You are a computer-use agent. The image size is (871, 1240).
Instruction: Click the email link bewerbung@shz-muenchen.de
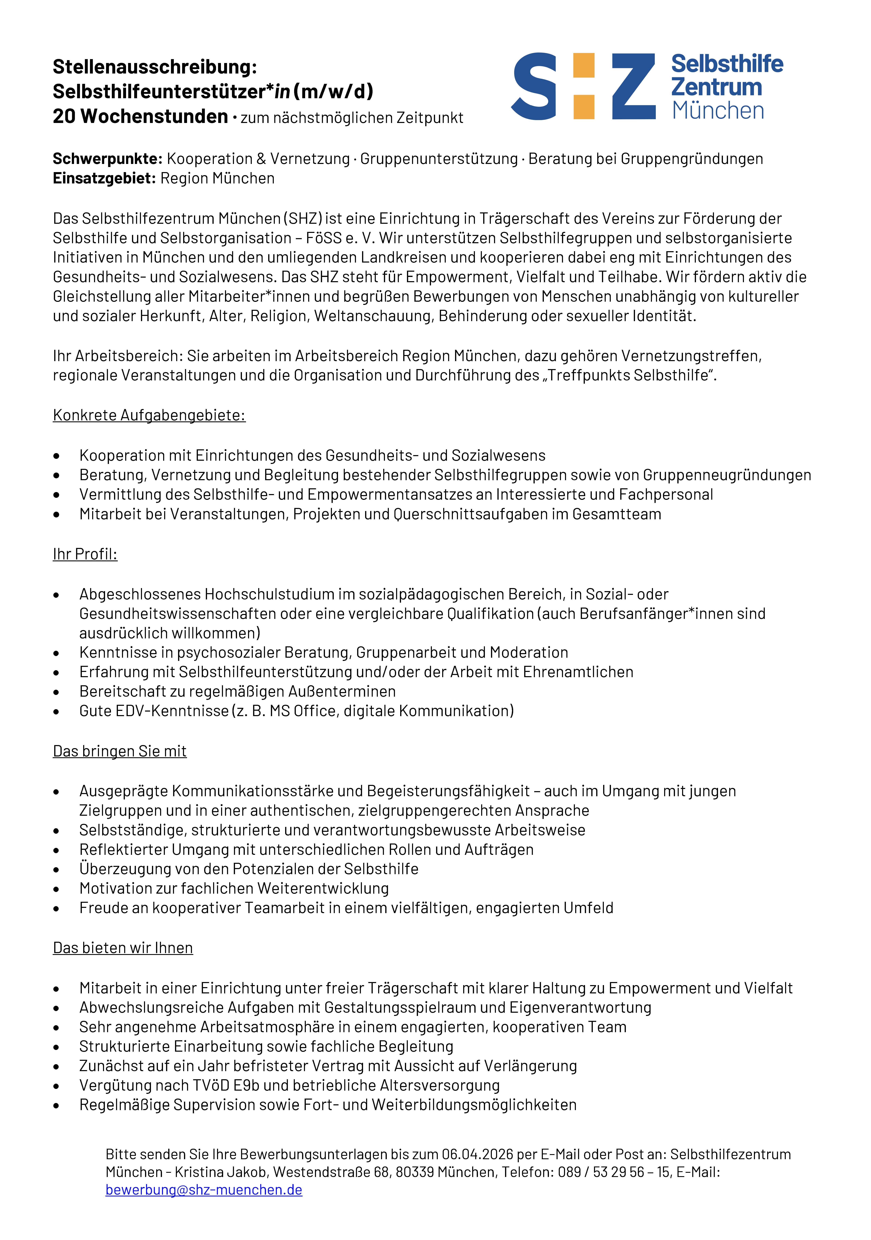tap(204, 1190)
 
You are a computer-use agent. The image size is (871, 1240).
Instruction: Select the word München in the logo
tap(718, 111)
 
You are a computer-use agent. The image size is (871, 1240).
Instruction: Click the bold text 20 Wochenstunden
tap(140, 116)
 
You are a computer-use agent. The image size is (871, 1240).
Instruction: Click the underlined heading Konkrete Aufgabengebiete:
tap(149, 415)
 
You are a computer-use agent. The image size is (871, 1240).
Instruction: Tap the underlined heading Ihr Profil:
tap(85, 554)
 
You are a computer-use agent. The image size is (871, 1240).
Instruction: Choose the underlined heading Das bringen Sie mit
tap(119, 751)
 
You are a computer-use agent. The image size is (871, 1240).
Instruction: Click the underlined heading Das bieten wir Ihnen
tap(123, 948)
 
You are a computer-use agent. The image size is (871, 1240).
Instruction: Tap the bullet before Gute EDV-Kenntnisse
tap(56, 712)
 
